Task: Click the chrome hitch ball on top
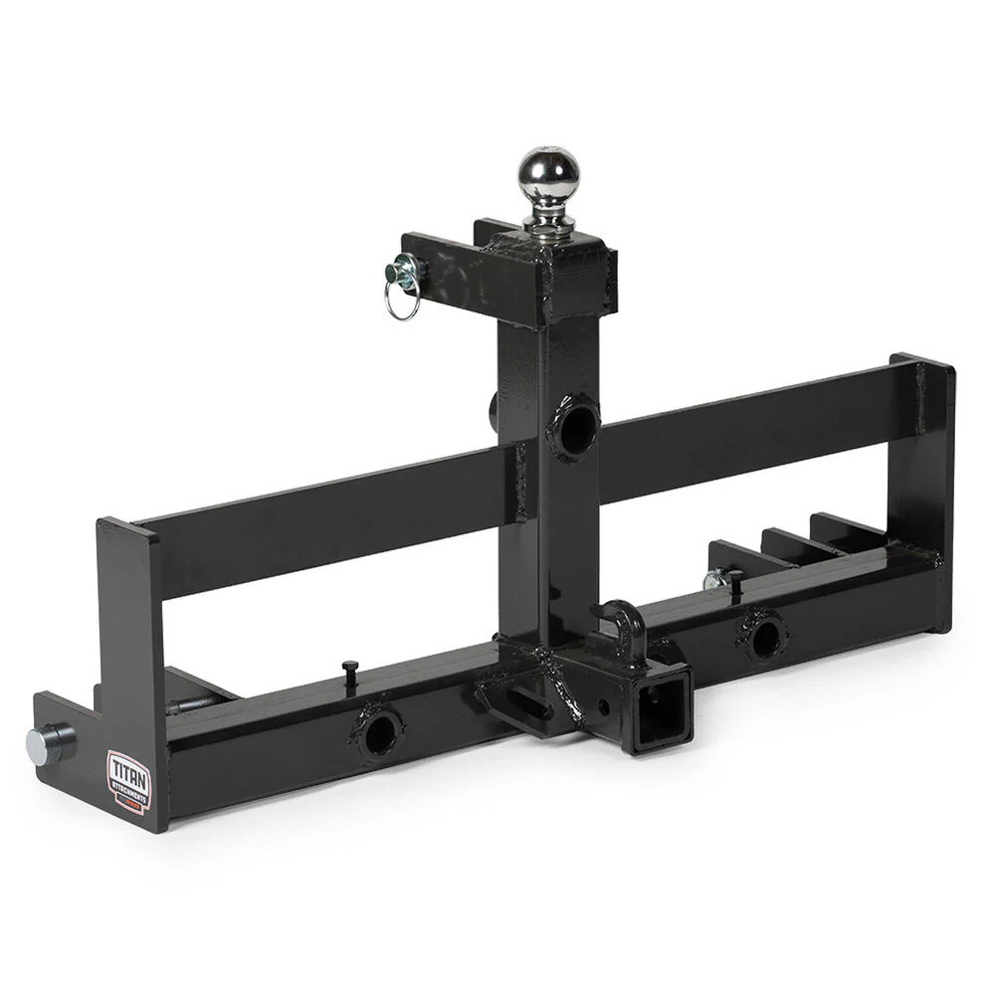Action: click(x=547, y=176)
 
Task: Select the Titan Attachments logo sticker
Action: click(x=127, y=782)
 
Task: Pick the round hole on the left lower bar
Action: click(x=379, y=734)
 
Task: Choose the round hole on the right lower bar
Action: click(x=764, y=638)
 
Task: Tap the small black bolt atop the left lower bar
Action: click(x=349, y=673)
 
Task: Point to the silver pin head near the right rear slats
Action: click(x=712, y=580)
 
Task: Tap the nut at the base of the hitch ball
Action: click(x=548, y=225)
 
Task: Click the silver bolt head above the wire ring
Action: click(x=407, y=268)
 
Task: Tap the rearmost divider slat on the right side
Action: click(x=846, y=526)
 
